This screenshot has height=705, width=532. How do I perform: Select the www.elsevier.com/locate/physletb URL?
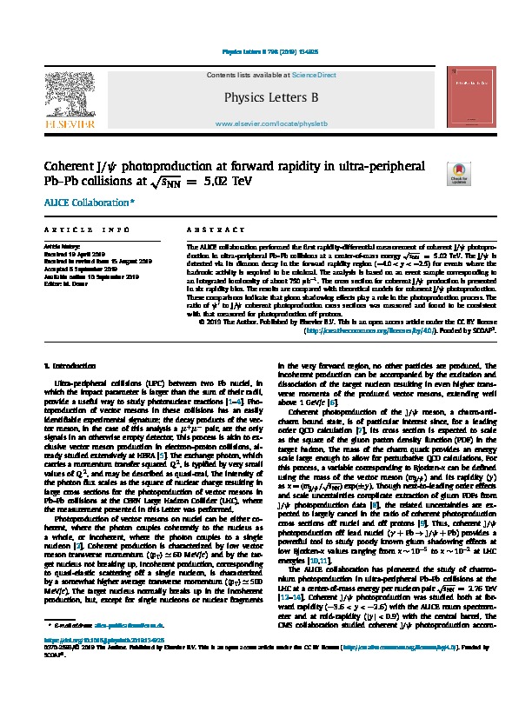pyautogui.click(x=265, y=125)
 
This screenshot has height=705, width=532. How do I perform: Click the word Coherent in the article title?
pyautogui.click(x=74, y=165)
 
